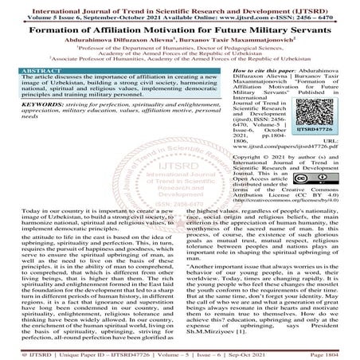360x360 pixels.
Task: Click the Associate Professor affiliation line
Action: pos(180,58)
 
